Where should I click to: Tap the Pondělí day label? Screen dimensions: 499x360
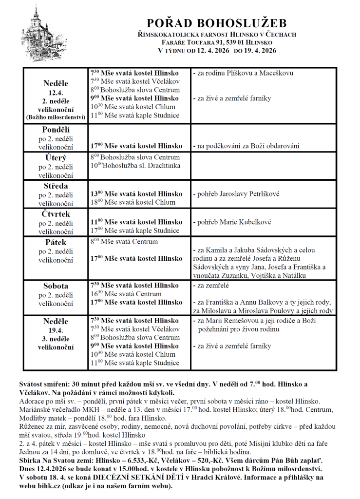(x=56, y=130)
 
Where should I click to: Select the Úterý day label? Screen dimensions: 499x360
(x=56, y=158)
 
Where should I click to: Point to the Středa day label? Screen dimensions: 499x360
(x=56, y=186)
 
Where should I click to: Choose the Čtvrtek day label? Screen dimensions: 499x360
(x=56, y=214)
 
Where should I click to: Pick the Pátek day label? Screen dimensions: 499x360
(x=56, y=242)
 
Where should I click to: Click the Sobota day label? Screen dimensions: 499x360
(x=56, y=286)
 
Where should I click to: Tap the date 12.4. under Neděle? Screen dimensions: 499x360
(x=56, y=93)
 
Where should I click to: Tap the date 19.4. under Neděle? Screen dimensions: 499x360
(x=56, y=330)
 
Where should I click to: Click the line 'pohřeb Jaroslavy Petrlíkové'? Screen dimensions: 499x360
(x=237, y=194)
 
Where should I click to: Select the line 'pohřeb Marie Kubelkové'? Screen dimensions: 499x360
(x=232, y=222)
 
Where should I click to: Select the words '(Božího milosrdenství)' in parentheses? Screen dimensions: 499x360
(x=56, y=117)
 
